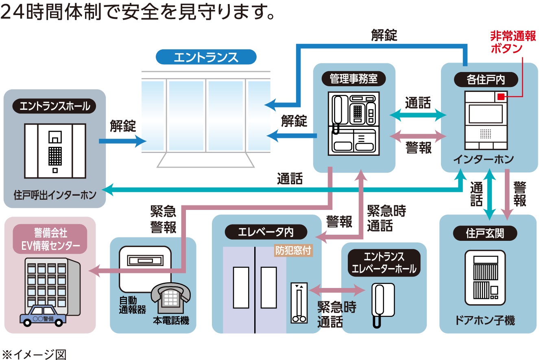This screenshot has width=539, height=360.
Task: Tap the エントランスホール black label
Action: coord(55,107)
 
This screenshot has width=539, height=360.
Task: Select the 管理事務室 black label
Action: coord(354,79)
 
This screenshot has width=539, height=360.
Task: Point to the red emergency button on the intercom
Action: coord(501,96)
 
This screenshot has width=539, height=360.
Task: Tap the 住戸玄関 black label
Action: coord(485,234)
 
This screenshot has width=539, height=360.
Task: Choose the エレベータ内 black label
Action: coord(266,232)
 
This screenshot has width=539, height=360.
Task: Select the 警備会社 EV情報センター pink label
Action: coord(51,239)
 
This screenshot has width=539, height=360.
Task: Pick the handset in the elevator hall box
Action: coord(379,303)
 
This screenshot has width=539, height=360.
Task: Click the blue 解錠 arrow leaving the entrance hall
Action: coord(122,141)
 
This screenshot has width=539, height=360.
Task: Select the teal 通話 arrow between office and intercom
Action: coord(418,116)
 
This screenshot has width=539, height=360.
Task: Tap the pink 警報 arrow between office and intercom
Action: coord(418,135)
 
